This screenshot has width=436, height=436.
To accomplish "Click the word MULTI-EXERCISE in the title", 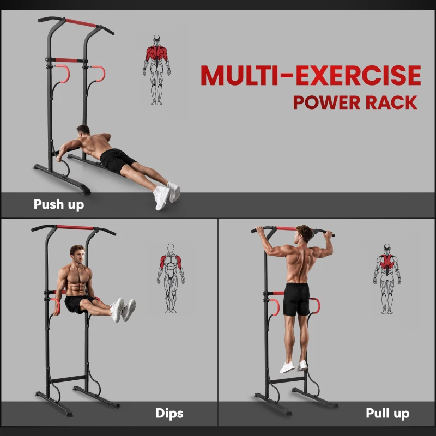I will [311, 76].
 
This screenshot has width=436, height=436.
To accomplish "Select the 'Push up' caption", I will [59, 205].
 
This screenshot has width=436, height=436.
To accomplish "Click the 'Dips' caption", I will [169, 414].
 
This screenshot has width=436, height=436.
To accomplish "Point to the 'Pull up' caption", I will [387, 414].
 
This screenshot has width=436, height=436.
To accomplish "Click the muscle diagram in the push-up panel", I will [157, 70].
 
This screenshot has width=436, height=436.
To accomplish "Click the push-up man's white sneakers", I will [166, 195].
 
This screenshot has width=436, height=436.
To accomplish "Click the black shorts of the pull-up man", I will [297, 299].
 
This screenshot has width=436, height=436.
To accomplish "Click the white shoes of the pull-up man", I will [294, 366].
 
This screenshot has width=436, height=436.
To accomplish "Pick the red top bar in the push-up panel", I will [81, 23].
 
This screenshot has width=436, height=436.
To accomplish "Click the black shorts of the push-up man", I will [116, 160].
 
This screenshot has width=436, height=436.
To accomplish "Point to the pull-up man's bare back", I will [298, 262].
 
